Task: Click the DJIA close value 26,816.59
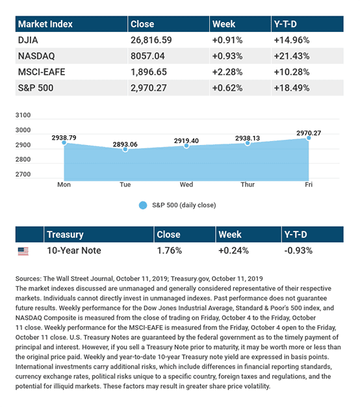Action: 151,40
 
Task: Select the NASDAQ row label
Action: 36,56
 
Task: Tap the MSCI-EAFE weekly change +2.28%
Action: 227,72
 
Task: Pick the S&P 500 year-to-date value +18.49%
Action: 292,88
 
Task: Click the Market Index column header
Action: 45,24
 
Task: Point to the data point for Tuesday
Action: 125,150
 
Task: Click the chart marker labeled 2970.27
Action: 309,138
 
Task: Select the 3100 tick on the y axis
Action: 23,115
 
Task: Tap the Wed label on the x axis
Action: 186,185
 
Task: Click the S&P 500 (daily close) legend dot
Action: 143,205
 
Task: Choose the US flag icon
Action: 23,251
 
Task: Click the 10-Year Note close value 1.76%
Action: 170,250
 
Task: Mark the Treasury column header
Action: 65,235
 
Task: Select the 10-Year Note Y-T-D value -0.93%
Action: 298,250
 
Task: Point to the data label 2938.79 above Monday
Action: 64,138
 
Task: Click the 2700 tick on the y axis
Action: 23,174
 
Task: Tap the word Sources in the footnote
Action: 29,278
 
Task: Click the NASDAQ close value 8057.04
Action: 148,56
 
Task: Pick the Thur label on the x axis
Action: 248,185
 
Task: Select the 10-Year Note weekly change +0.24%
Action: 233,250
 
